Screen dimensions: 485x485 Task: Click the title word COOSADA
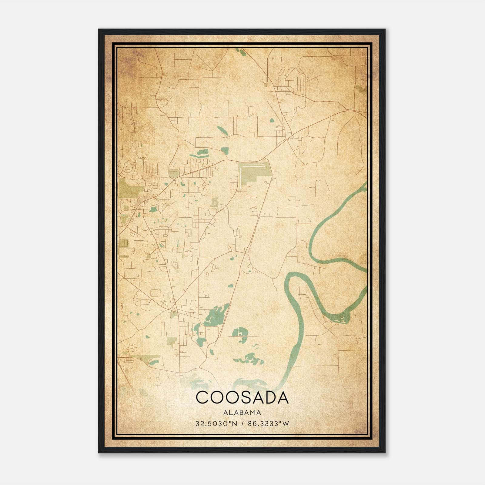pyautogui.click(x=242, y=398)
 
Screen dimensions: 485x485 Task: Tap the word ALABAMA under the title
pyautogui.click(x=242, y=413)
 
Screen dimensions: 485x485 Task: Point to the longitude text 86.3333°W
pyautogui.click(x=269, y=424)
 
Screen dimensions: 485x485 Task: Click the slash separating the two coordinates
pyautogui.click(x=242, y=424)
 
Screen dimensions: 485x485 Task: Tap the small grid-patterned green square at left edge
pyautogui.click(x=123, y=243)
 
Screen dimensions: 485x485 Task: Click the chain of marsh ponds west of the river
pyautogui.click(x=249, y=359)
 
